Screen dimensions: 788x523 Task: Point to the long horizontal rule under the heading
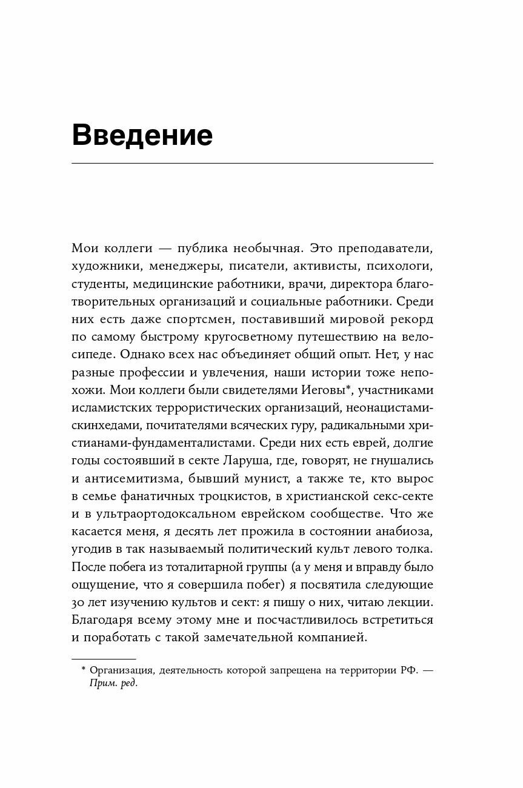(x=252, y=164)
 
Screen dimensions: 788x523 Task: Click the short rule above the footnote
(x=104, y=659)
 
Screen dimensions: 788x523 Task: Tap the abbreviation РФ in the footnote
(x=407, y=670)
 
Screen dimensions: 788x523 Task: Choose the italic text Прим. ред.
(x=113, y=683)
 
